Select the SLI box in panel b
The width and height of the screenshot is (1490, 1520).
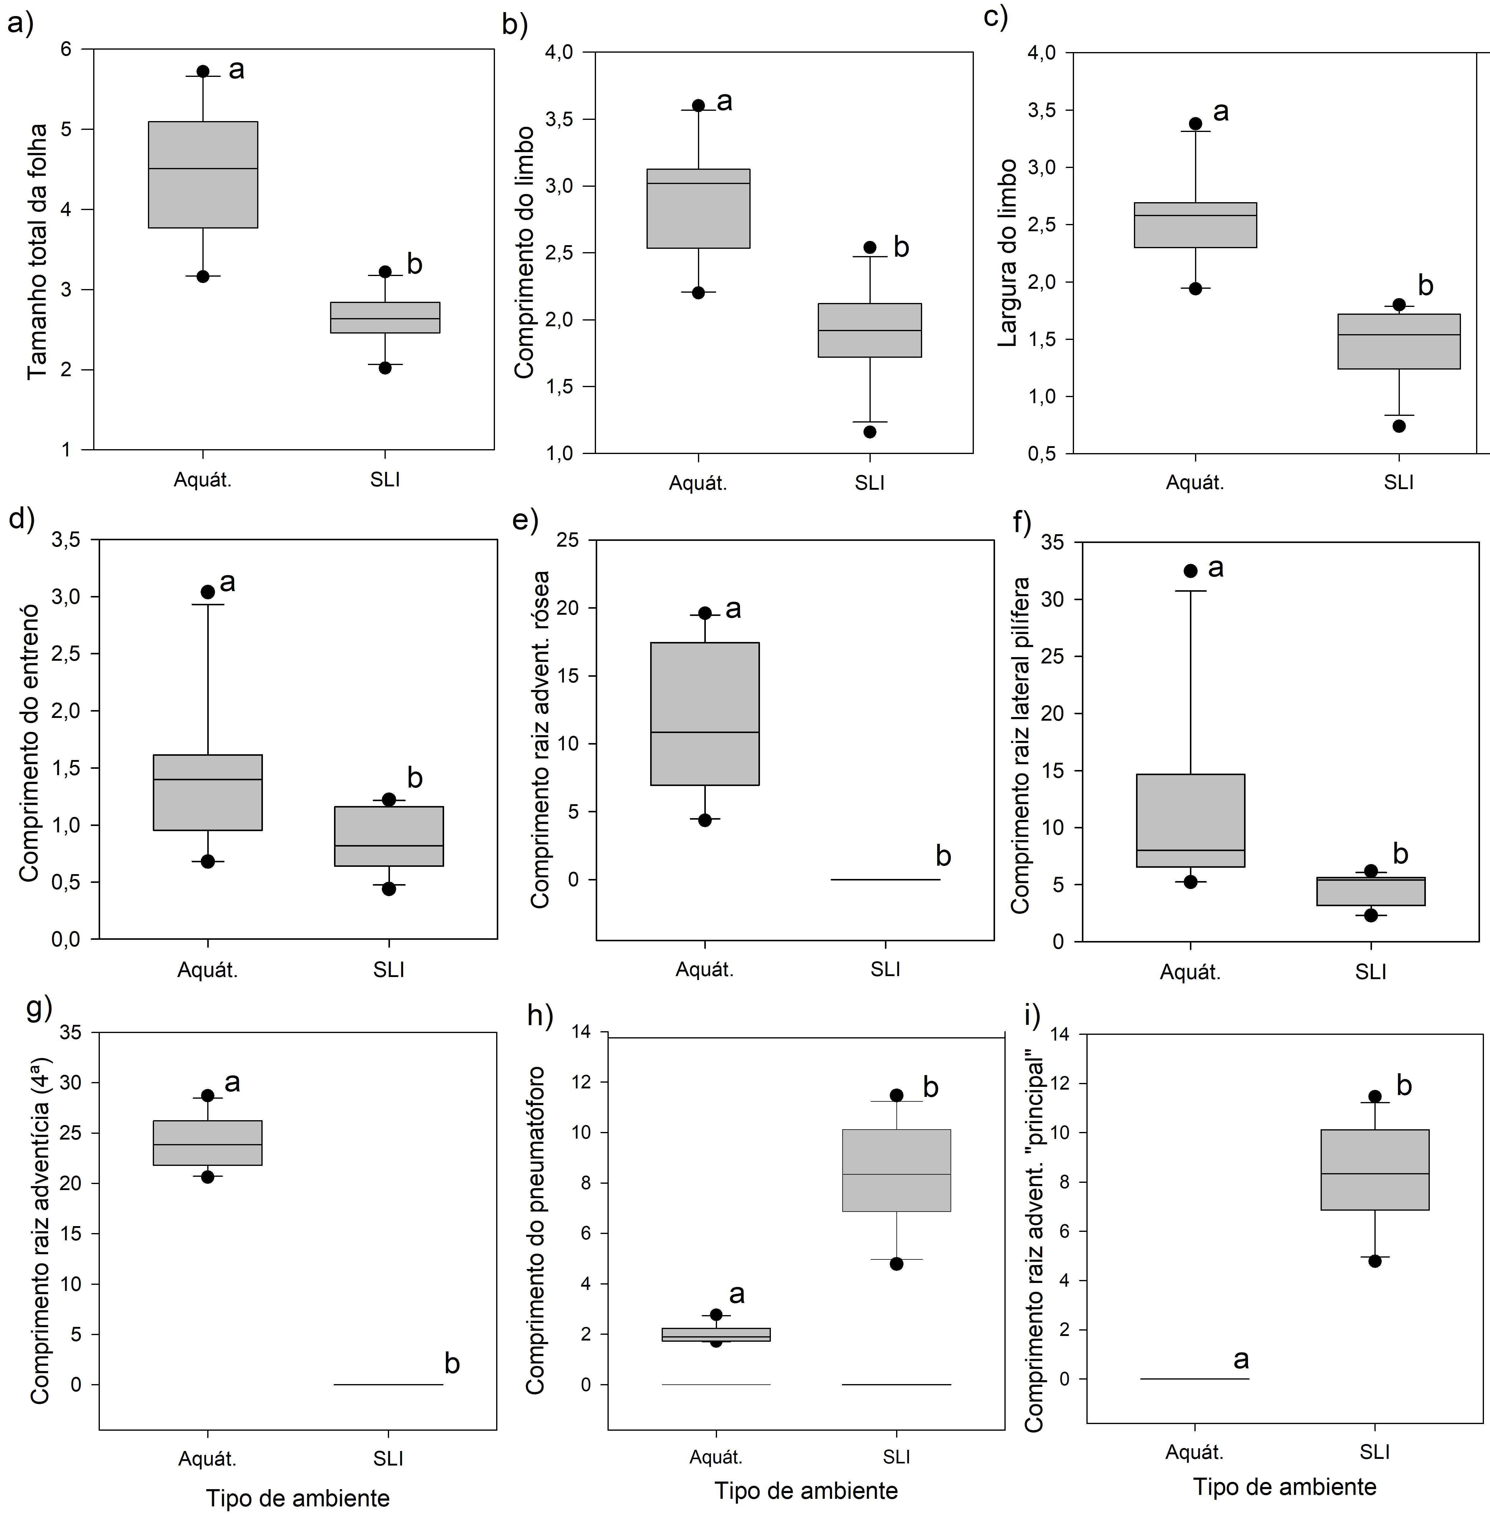(x=869, y=330)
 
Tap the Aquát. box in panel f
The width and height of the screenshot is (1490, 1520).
(x=1190, y=820)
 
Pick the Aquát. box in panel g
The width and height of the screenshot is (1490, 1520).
(x=207, y=1143)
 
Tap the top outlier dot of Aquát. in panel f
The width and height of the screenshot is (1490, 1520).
(x=1190, y=571)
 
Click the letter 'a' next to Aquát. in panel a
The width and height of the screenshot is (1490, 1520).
(x=236, y=70)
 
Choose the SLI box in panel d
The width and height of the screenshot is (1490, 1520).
(x=389, y=836)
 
